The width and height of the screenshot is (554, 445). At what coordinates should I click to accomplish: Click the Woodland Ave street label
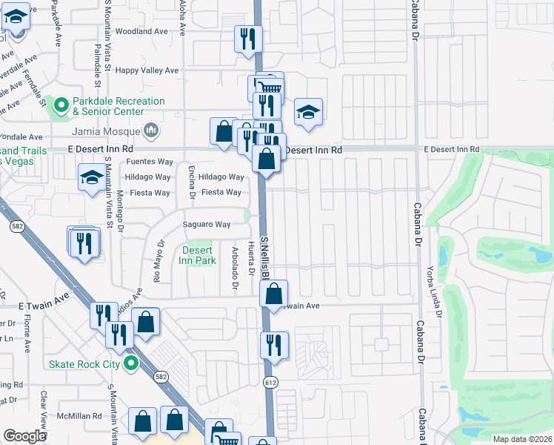tap(141, 32)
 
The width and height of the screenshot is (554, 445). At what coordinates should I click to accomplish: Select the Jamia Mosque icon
tap(152, 131)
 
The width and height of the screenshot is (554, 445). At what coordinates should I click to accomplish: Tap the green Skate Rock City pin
tap(131, 363)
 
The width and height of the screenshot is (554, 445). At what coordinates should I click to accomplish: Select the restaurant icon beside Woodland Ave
tap(247, 39)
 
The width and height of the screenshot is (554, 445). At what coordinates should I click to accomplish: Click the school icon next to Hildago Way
tap(92, 178)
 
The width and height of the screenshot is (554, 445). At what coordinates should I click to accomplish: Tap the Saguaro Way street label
tap(207, 224)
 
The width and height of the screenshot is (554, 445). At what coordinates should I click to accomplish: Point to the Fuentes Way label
tap(149, 162)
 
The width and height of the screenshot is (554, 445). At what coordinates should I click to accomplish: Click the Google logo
tap(24, 435)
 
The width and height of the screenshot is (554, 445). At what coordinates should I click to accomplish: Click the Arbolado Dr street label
tap(234, 267)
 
